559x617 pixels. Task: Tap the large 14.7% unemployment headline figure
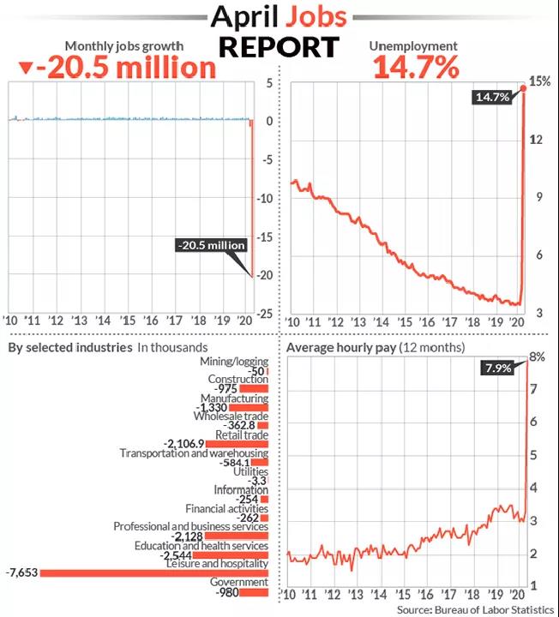pyautogui.click(x=415, y=67)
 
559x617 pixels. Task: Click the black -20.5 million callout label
pyautogui.click(x=211, y=245)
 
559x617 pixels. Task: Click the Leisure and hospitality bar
pyautogui.click(x=154, y=572)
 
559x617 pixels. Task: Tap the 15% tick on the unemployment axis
pyautogui.click(x=539, y=82)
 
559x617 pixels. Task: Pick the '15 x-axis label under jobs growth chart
pyautogui.click(x=129, y=320)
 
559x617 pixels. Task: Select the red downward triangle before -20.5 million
pyautogui.click(x=27, y=68)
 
